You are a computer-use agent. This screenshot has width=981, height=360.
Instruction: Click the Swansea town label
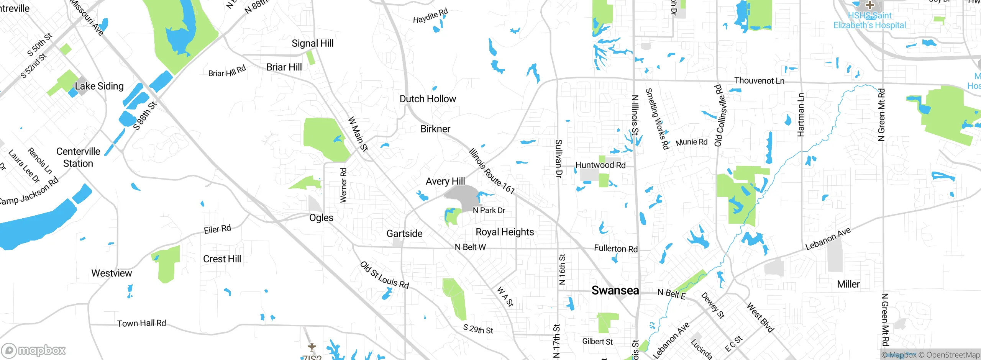[615, 290]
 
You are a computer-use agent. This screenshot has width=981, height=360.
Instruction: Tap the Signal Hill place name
[312, 43]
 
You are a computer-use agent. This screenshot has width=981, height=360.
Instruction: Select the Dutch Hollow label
[428, 99]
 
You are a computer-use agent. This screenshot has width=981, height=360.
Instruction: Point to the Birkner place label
[435, 129]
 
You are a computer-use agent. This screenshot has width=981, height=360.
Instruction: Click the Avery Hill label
[445, 181]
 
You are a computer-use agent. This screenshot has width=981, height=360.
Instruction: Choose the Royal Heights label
[505, 232]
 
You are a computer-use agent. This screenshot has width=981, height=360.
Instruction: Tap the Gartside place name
[404, 234]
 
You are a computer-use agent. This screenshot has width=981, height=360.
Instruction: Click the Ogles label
[321, 218]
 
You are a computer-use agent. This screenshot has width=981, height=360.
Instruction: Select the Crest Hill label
[222, 259]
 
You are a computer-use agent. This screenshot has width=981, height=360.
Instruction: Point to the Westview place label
[112, 273]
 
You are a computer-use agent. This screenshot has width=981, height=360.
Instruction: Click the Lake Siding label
[99, 86]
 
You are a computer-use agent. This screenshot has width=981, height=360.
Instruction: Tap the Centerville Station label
[78, 157]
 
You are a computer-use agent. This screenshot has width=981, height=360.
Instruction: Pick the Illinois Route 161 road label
[492, 171]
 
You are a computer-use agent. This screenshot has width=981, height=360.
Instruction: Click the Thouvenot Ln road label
[759, 81]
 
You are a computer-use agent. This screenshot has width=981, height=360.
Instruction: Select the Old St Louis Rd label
[384, 275]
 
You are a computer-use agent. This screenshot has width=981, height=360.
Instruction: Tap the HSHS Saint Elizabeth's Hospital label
[869, 20]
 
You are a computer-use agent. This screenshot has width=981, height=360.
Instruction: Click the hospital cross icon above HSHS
[870, 5]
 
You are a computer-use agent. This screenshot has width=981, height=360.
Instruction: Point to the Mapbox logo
[34, 350]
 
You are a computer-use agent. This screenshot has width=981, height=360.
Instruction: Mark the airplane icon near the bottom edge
[312, 347]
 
